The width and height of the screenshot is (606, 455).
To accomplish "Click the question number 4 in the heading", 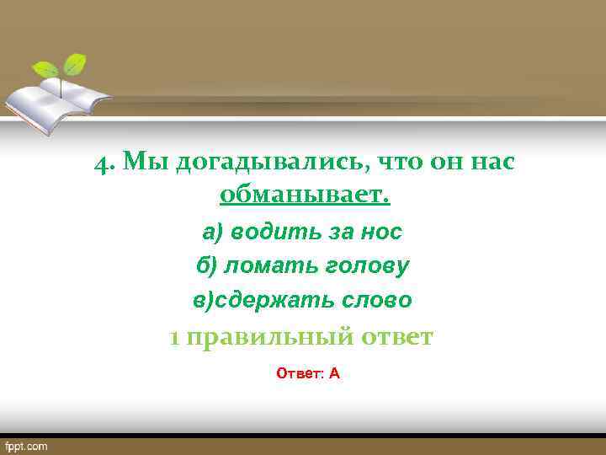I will pyautogui.click(x=104, y=163).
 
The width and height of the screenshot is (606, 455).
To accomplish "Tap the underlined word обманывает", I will pyautogui.click(x=305, y=196).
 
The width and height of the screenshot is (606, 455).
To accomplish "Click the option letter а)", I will pyautogui.click(x=212, y=231).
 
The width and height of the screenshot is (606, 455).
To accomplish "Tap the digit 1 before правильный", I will pyautogui.click(x=174, y=338).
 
